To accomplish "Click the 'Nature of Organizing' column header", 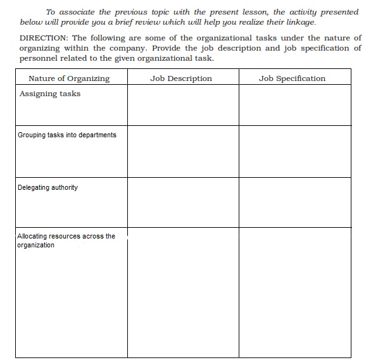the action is [x=69, y=78].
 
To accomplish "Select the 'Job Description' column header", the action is [x=181, y=78].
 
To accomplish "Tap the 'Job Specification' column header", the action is [x=292, y=78].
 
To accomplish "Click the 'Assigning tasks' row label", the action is [x=50, y=94].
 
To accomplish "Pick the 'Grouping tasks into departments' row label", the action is [x=66, y=135].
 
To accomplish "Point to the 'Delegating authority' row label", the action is [x=47, y=187].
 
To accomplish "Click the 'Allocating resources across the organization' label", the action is [x=66, y=240].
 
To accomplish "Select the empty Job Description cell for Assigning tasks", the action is [x=182, y=105].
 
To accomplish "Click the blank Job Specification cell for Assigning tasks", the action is [x=294, y=105].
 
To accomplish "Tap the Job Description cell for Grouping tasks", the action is [x=182, y=151].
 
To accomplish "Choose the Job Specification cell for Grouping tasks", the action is [x=294, y=151].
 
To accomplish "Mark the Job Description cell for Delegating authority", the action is [x=182, y=202].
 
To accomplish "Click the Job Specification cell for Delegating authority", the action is [x=294, y=202].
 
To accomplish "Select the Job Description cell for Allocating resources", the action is [x=182, y=292].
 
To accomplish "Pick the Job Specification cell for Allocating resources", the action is [x=294, y=292].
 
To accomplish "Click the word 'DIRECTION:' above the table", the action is [x=44, y=38].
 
